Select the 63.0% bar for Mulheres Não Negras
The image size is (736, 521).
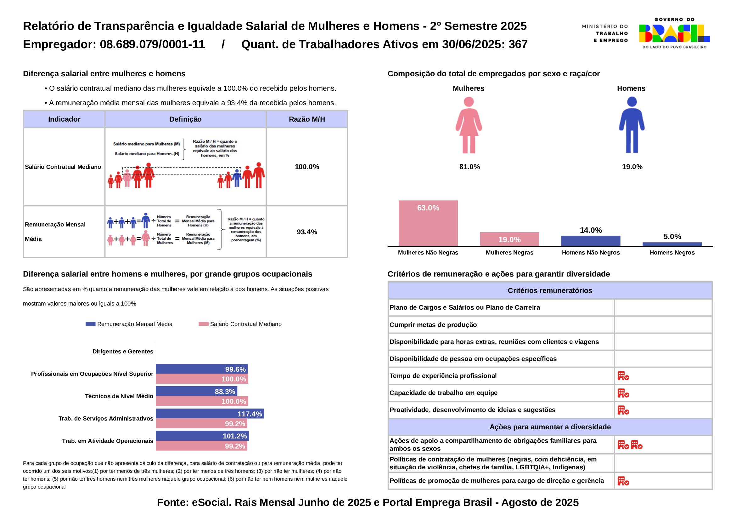click(428, 223)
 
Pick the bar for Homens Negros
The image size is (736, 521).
click(672, 244)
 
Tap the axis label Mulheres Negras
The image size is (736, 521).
click(509, 253)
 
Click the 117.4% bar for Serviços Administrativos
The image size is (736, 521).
click(210, 414)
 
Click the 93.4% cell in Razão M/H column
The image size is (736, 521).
click(307, 232)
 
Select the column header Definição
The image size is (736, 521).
click(185, 119)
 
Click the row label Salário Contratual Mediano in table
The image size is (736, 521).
click(63, 167)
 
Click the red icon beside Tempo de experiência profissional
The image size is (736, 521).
click(623, 376)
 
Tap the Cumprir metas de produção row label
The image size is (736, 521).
click(433, 325)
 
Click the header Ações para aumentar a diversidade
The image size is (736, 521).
click(550, 427)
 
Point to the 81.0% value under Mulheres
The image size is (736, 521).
click(469, 167)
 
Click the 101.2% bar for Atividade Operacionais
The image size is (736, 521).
click(202, 436)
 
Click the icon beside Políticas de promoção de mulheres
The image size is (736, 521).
click(623, 481)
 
